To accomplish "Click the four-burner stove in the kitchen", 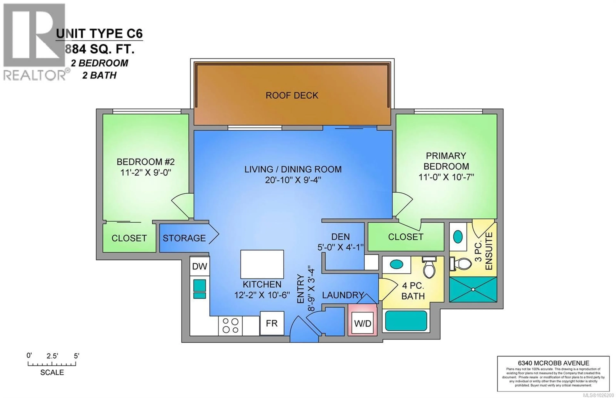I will pos(230,325).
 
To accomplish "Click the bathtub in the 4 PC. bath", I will pos(406,321).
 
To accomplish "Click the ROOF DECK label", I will pos(292,95).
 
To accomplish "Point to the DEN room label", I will pos(340,237).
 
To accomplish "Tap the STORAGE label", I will pos(184,238).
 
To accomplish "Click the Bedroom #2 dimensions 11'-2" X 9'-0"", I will pos(146,172).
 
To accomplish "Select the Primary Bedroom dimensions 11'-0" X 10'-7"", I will pos(446,177).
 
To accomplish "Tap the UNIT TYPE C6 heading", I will pos(99,34).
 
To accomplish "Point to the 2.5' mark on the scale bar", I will pos(52,356).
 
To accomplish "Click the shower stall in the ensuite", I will pos(473,290).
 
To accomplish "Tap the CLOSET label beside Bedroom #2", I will pos(129,238).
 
